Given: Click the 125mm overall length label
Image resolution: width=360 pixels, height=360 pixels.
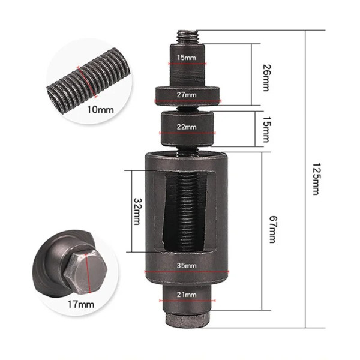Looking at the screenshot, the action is click(316, 179).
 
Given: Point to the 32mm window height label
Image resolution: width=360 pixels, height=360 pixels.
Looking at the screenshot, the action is click(137, 211).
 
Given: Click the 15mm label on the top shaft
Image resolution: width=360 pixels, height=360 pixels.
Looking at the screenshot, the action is click(187, 58).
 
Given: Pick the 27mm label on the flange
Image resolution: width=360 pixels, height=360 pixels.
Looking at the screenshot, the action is click(187, 95).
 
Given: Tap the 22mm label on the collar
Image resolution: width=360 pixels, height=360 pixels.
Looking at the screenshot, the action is click(187, 127).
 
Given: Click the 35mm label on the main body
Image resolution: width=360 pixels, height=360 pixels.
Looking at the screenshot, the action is click(187, 266).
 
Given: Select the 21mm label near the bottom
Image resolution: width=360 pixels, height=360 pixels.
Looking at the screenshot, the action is click(187, 295).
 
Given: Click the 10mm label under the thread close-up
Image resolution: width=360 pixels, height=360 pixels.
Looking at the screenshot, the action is click(100, 110).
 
